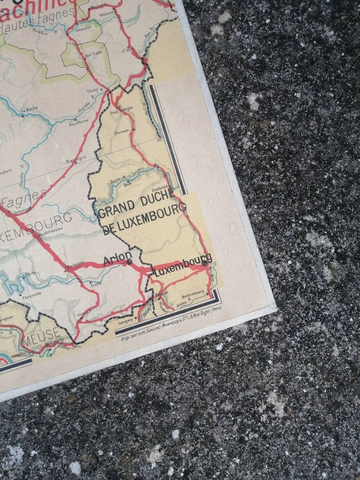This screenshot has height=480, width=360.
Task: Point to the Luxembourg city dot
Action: click(204, 263)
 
